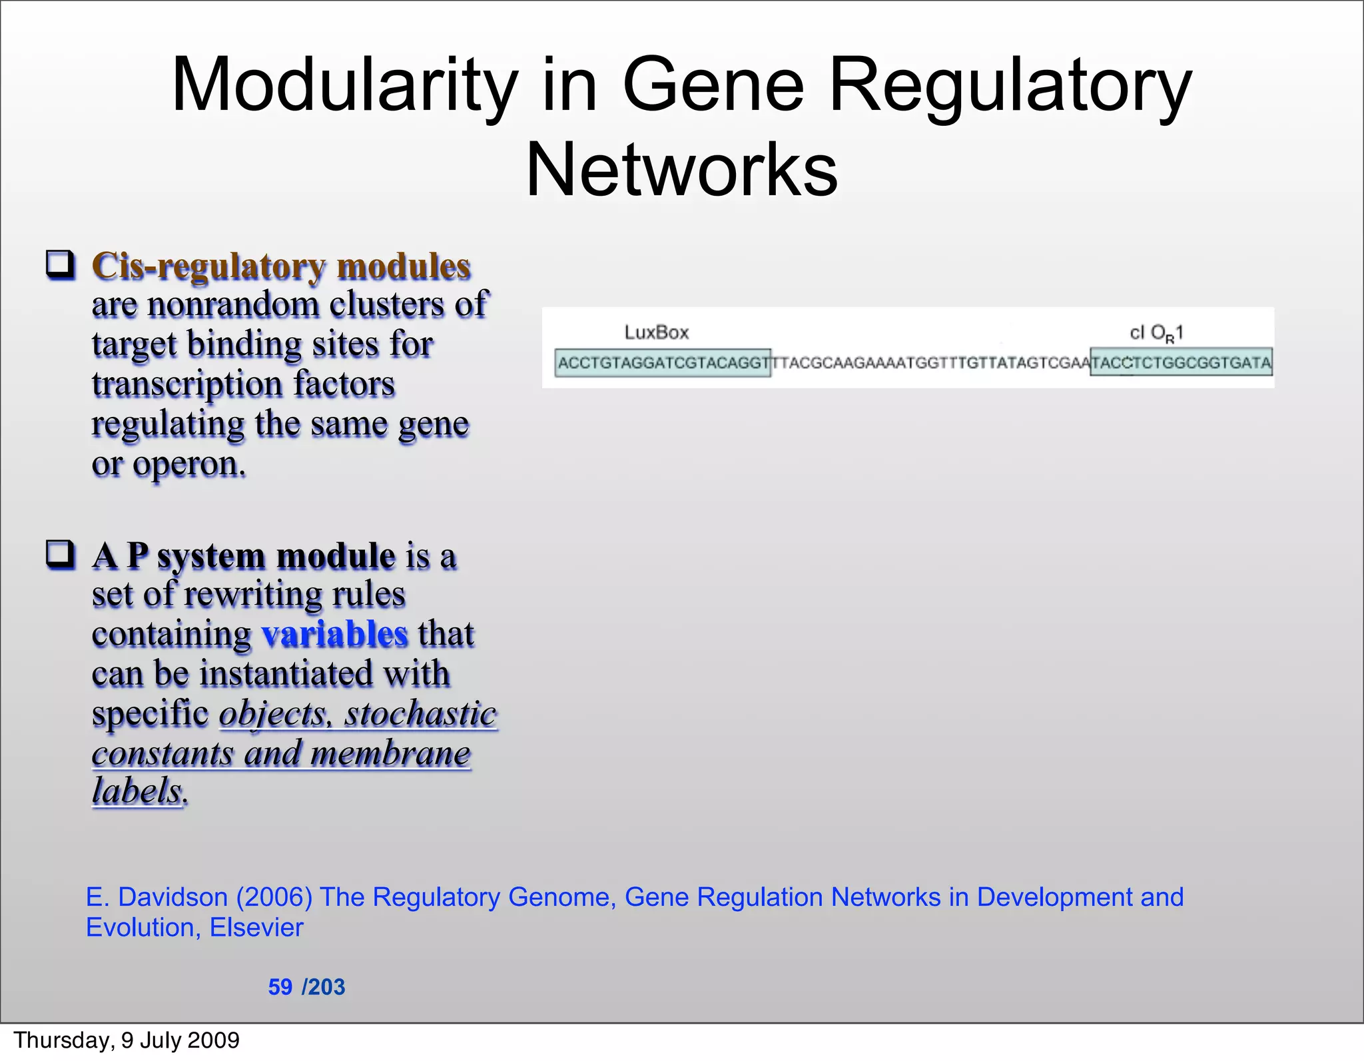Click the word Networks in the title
pos(681,171)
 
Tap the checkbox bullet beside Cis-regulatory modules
pos(60,264)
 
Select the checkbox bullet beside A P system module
pos(60,554)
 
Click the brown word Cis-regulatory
pos(208,266)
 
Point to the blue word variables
pos(334,633)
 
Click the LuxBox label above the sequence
pos(656,332)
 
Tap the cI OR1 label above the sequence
pos(1156,332)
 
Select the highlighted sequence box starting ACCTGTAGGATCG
pos(663,363)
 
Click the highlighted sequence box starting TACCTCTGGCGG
pos(1181,363)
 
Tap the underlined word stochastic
pos(420,714)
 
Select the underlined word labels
pos(137,791)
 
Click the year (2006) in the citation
pos(274,897)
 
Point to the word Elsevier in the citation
pos(256,928)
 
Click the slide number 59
pos(280,986)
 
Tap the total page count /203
pos(324,986)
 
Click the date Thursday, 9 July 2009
pos(127,1040)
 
